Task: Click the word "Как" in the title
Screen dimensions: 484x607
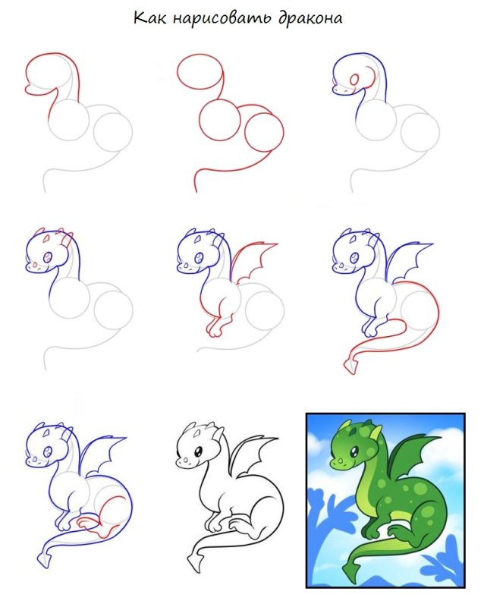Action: click(x=149, y=18)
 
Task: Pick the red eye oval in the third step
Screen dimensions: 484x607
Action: click(x=354, y=80)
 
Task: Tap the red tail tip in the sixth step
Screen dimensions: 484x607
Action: click(x=350, y=365)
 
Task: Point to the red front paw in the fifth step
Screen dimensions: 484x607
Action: click(x=215, y=327)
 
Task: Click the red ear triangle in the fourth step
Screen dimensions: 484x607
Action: click(x=46, y=239)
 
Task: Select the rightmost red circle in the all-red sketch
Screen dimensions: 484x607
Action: click(x=265, y=132)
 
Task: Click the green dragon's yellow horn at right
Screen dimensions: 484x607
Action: click(x=376, y=432)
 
